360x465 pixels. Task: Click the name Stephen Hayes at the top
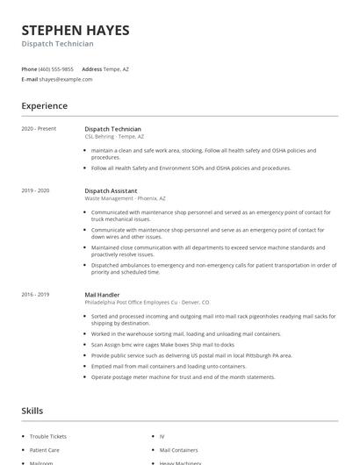tap(76, 30)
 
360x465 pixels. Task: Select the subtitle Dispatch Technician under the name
tap(57, 44)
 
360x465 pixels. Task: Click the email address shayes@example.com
tap(66, 79)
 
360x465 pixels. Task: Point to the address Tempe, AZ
tap(116, 68)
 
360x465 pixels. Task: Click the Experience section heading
tap(44, 106)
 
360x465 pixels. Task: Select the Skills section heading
tap(33, 411)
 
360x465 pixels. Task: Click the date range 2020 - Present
tap(39, 129)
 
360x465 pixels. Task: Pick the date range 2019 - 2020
tap(36, 190)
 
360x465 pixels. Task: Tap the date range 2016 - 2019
tap(36, 295)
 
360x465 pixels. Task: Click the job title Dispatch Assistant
tap(112, 190)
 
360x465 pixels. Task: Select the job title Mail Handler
tap(102, 295)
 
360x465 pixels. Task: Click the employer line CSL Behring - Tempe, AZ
tap(114, 137)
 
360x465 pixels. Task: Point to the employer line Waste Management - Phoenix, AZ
tap(125, 198)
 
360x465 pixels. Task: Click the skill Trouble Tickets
tap(49, 436)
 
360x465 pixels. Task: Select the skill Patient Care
tap(45, 449)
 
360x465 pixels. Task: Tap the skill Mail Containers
tap(178, 449)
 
